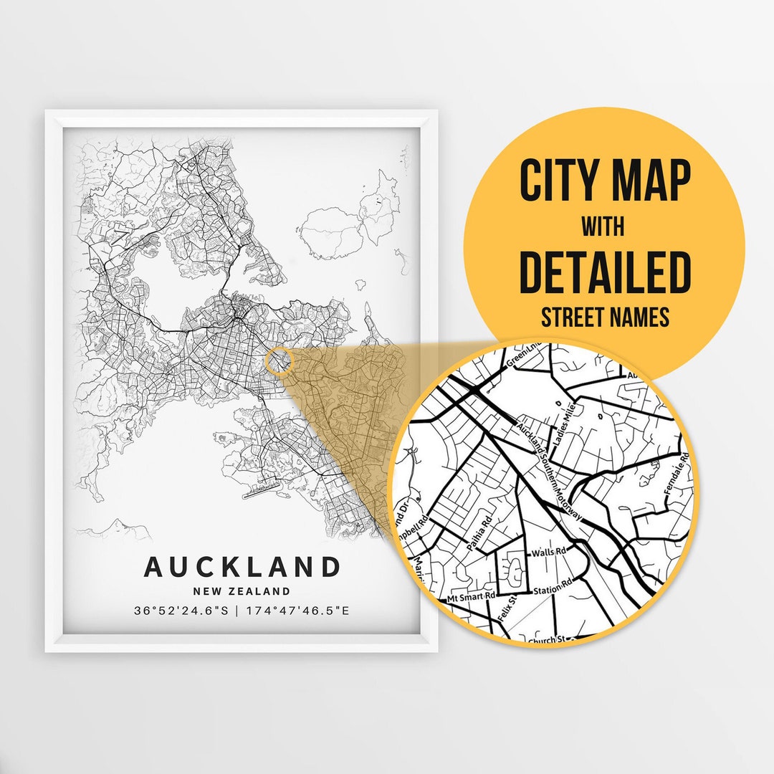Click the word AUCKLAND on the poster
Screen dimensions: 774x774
click(242, 566)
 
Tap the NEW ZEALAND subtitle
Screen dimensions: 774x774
click(242, 592)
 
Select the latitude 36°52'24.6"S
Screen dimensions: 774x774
click(181, 611)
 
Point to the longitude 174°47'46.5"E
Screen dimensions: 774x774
click(298, 611)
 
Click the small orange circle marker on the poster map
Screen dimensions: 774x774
click(279, 360)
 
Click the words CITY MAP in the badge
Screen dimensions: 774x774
click(605, 181)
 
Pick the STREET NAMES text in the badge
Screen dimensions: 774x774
click(605, 316)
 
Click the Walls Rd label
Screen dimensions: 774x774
click(548, 553)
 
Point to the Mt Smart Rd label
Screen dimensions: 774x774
click(471, 596)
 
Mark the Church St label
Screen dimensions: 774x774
click(548, 639)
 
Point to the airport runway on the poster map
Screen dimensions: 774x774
click(262, 492)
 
